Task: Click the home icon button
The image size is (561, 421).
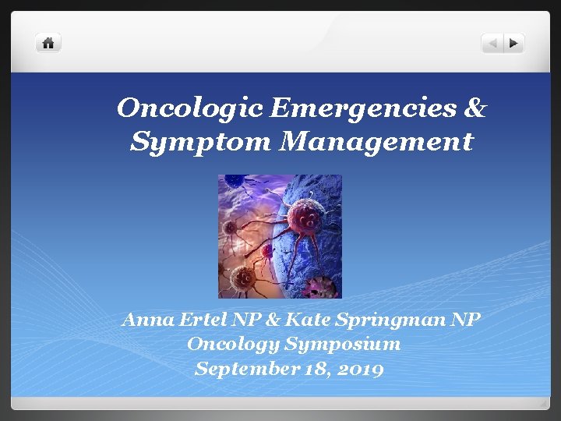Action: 48,43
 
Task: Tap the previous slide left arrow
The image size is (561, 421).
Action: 492,44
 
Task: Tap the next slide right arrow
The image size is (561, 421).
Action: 513,44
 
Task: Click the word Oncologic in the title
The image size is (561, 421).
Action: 189,109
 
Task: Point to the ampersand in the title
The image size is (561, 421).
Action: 475,108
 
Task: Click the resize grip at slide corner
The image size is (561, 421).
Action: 543,403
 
